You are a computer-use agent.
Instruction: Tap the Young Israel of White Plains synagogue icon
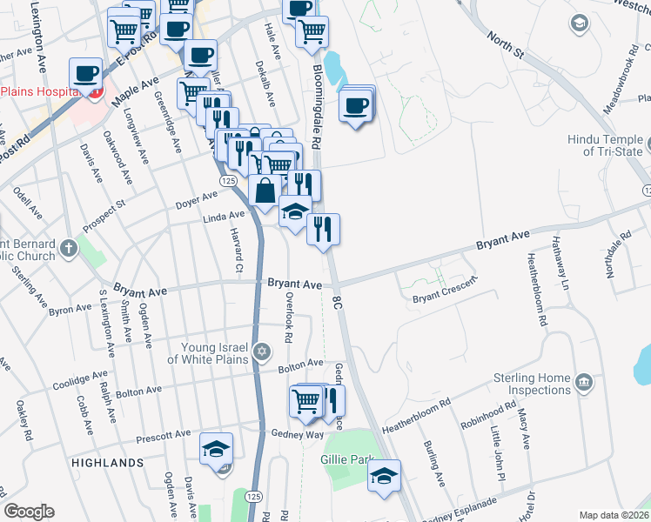click(x=262, y=352)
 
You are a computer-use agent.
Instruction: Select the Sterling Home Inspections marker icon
click(x=584, y=379)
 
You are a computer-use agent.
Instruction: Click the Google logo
click(x=29, y=512)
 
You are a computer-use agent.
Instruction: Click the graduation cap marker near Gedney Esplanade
click(x=384, y=477)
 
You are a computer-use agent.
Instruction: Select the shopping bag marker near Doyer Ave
click(x=265, y=191)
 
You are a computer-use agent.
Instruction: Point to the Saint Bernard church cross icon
click(x=70, y=251)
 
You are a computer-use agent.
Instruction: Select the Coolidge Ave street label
click(x=79, y=379)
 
